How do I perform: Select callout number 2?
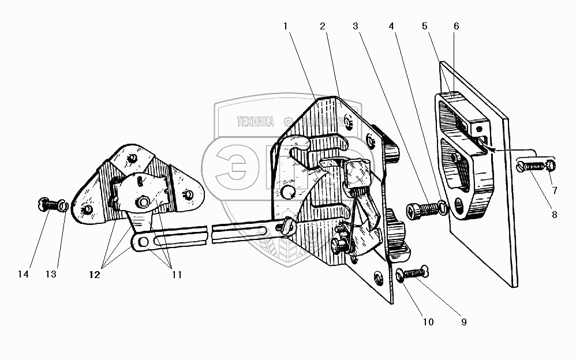323,25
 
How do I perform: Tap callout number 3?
357,25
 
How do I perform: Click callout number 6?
456,25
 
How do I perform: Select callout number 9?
463,322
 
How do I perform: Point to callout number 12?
95,275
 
